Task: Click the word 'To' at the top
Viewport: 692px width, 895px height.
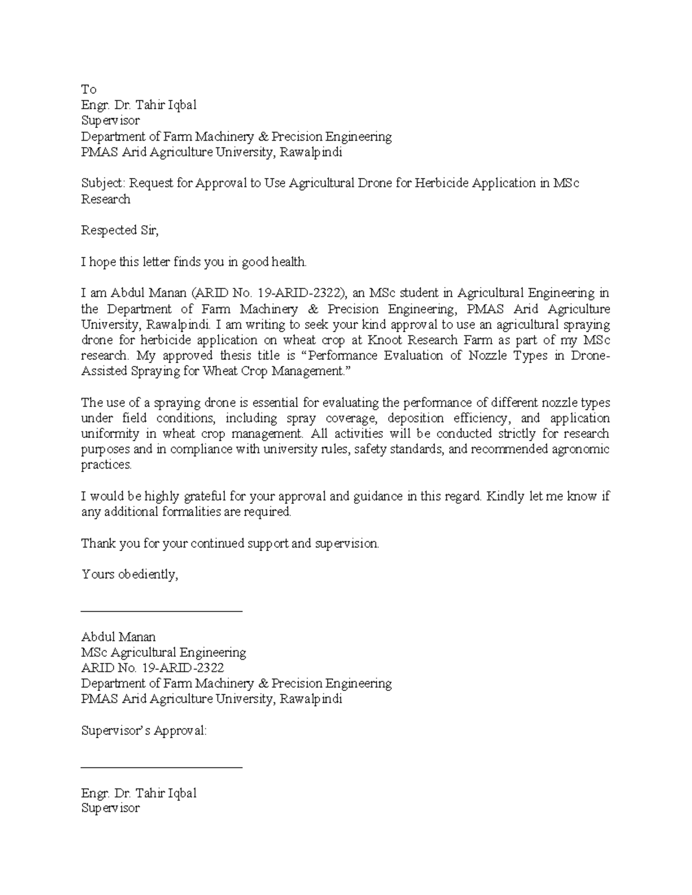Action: [x=88, y=89]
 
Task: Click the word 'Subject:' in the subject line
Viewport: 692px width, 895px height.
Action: [x=103, y=183]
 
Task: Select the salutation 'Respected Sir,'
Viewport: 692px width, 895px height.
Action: [x=119, y=231]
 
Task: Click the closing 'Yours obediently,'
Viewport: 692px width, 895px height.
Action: [x=130, y=575]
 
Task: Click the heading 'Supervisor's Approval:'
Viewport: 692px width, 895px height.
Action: [x=144, y=731]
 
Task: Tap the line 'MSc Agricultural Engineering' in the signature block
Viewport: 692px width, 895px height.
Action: [x=163, y=653]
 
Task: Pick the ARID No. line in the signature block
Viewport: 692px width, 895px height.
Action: [x=152, y=669]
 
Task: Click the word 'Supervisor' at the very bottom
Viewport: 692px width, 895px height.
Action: [x=110, y=809]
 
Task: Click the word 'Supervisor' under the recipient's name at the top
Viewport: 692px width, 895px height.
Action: [x=110, y=121]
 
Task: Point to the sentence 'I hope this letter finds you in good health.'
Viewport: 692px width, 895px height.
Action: [x=194, y=262]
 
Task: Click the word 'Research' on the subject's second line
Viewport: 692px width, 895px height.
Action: [x=106, y=199]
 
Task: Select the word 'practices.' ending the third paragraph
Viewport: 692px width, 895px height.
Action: [x=106, y=465]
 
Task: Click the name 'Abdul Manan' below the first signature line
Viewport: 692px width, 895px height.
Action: [x=118, y=637]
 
